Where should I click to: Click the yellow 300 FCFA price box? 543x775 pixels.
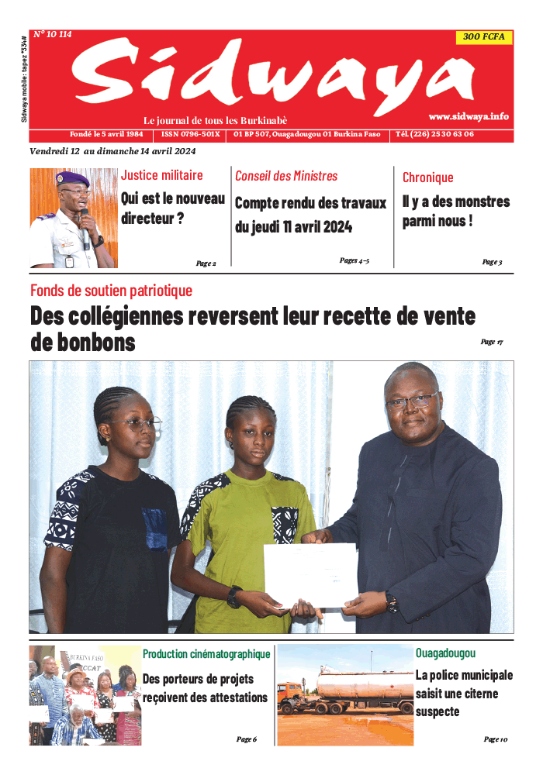click(483, 37)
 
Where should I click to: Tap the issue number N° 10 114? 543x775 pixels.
click(52, 35)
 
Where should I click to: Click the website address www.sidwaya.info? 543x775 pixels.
click(469, 116)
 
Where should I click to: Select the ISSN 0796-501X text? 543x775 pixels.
click(191, 134)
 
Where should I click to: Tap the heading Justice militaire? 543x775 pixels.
click(162, 175)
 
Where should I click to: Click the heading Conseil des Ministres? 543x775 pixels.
click(286, 176)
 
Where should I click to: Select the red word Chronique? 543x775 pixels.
click(427, 177)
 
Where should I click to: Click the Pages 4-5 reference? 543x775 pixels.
click(354, 260)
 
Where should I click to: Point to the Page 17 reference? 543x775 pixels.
click(492, 342)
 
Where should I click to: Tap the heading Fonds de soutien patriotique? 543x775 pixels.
click(111, 291)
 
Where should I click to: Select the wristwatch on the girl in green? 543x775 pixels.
click(234, 596)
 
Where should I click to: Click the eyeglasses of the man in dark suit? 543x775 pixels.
click(411, 401)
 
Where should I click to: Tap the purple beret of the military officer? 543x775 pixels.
click(74, 179)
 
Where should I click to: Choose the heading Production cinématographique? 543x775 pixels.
click(206, 654)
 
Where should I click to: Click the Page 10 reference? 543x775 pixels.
click(495, 739)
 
